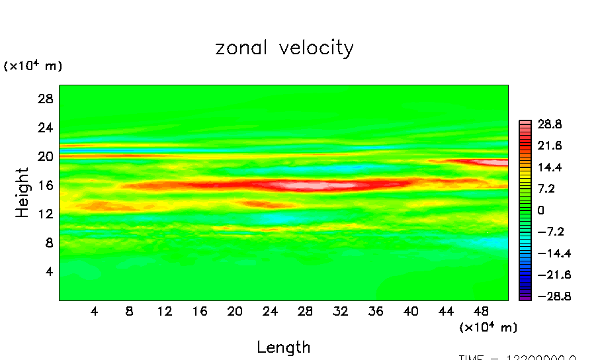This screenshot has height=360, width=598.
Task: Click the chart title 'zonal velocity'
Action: [x=284, y=48]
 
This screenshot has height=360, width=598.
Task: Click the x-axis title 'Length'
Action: [x=283, y=347]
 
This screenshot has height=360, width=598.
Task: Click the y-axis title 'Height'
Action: [x=23, y=193]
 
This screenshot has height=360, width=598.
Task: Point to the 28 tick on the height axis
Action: [x=44, y=99]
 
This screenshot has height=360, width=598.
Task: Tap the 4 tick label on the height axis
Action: [x=48, y=271]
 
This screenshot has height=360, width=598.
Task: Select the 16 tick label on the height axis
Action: [x=44, y=185]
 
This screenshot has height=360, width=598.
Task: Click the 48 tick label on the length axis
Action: [x=482, y=311]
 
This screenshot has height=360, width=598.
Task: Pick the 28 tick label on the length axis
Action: [x=305, y=311]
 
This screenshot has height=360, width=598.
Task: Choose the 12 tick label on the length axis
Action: [x=165, y=311]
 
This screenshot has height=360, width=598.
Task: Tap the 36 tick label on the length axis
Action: [x=376, y=311]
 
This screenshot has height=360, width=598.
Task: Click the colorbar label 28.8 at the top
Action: [x=550, y=124]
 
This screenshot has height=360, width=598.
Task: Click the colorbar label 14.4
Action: [x=550, y=167]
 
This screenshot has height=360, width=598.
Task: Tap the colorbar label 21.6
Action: [x=550, y=146]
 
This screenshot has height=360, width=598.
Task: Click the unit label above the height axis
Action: [x=33, y=66]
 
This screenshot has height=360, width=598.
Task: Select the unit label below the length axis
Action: [x=488, y=327]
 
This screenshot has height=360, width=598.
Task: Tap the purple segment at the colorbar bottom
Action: [x=525, y=298]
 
